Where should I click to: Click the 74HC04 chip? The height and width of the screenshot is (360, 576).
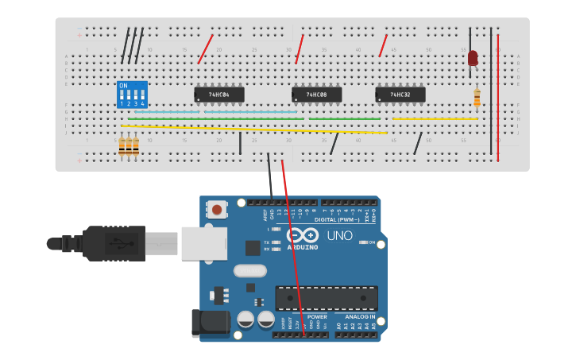(219, 95)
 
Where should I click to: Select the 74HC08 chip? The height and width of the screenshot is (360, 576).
(316, 95)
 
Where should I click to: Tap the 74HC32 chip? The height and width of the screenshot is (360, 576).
(400, 95)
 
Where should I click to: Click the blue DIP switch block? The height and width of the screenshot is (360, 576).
(132, 95)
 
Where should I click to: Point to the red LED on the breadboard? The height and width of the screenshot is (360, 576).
(473, 58)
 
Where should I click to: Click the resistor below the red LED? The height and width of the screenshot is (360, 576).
(477, 98)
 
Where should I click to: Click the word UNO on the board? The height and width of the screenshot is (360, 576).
(339, 235)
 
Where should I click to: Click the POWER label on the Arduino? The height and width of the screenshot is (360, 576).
(317, 316)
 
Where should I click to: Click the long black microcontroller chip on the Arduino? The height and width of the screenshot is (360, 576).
(326, 297)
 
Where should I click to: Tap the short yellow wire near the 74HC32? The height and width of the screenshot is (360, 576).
(435, 119)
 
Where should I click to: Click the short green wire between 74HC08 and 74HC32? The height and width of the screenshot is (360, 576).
(344, 119)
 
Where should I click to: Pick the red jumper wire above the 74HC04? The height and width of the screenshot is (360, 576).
(205, 49)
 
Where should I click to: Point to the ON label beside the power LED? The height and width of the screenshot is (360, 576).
(370, 242)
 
